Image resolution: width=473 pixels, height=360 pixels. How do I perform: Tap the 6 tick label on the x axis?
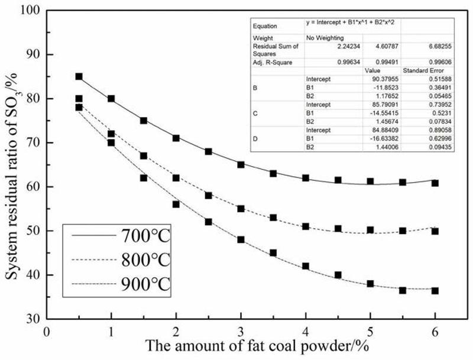(x=436, y=332)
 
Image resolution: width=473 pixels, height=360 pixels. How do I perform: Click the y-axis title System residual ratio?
(x=13, y=164)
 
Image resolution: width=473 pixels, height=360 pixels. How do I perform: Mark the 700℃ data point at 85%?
(x=79, y=76)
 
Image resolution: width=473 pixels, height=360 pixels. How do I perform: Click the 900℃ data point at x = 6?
(x=435, y=290)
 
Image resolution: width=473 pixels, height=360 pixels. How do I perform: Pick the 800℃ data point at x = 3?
(x=241, y=209)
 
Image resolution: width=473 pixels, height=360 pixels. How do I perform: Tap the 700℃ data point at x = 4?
(x=306, y=178)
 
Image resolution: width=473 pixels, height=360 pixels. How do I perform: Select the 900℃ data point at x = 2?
(x=176, y=204)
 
